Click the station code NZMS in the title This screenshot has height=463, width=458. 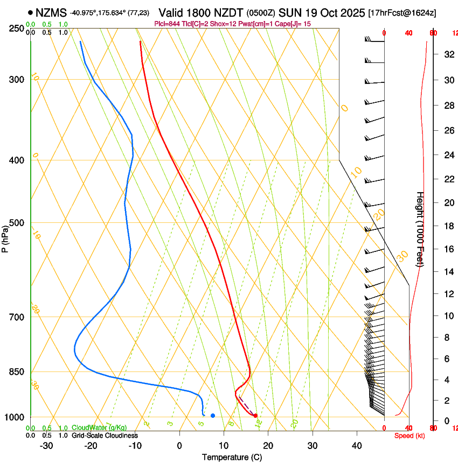(51, 12)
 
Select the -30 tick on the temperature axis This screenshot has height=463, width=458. (46, 445)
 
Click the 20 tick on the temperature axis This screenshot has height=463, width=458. (268, 445)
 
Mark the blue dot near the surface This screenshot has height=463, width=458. (213, 416)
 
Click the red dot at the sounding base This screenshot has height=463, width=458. (255, 416)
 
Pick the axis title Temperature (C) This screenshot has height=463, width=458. (232, 457)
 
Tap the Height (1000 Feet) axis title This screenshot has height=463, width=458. (420, 229)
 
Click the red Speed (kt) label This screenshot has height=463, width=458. (410, 436)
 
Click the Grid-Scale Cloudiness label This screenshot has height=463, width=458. (105, 436)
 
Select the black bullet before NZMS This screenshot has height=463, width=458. (30, 12)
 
